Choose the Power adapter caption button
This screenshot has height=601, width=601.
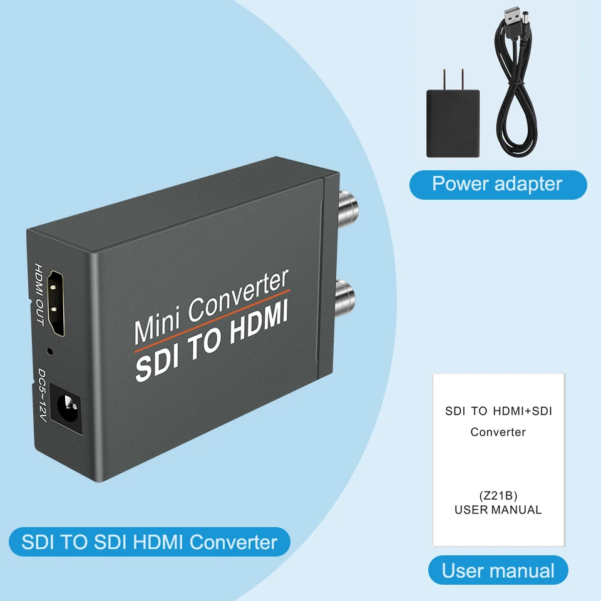[x=498, y=184]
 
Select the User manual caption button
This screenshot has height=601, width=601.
[x=498, y=571]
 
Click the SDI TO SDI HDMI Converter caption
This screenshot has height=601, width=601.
[x=149, y=542]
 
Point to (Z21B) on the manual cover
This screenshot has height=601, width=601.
[x=498, y=496]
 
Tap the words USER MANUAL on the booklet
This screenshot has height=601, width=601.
[x=498, y=510]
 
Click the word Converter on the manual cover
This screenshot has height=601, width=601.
[x=498, y=432]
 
